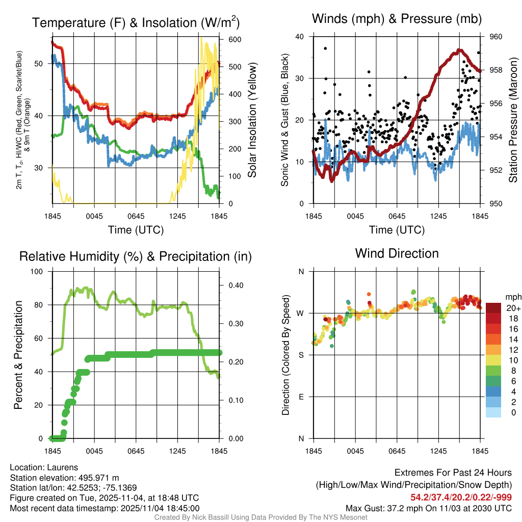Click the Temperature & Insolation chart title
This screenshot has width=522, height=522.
(x=136, y=22)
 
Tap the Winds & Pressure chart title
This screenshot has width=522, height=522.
(x=397, y=19)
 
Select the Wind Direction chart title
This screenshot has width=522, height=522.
(x=397, y=253)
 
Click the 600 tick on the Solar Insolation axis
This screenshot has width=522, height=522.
(x=227, y=40)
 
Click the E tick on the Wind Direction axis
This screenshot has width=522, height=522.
(x=301, y=397)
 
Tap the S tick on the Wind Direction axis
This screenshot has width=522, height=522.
(x=301, y=355)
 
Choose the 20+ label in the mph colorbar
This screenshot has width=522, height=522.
(x=513, y=308)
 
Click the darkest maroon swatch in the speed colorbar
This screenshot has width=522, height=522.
(x=494, y=308)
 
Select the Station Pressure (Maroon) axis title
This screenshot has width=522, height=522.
(x=513, y=120)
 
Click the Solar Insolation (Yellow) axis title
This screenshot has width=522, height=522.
(x=252, y=120)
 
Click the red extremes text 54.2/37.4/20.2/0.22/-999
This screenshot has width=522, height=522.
(x=461, y=498)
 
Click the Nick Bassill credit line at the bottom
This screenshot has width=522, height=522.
(x=261, y=517)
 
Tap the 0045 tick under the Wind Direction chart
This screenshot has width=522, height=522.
(x=355, y=451)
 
